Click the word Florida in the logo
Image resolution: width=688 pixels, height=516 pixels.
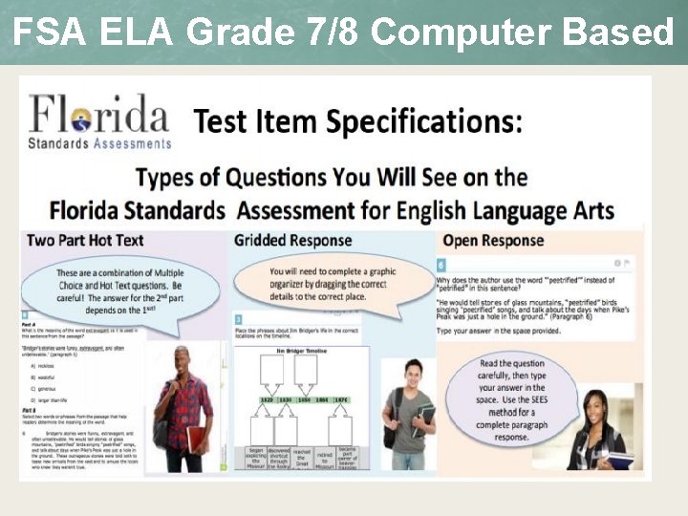(99, 116)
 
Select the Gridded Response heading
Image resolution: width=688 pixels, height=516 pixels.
(293, 241)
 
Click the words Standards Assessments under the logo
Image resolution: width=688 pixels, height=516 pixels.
(100, 143)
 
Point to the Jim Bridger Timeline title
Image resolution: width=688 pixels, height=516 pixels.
(302, 352)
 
